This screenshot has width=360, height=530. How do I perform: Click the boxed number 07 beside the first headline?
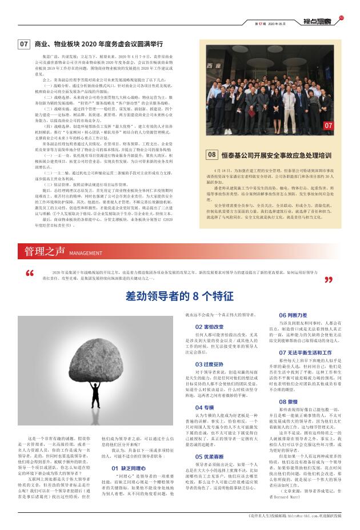(25, 44)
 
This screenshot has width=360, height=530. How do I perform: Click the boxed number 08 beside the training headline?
(211, 154)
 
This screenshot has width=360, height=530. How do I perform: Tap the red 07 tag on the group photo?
(328, 125)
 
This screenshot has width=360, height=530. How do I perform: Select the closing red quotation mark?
(329, 280)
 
